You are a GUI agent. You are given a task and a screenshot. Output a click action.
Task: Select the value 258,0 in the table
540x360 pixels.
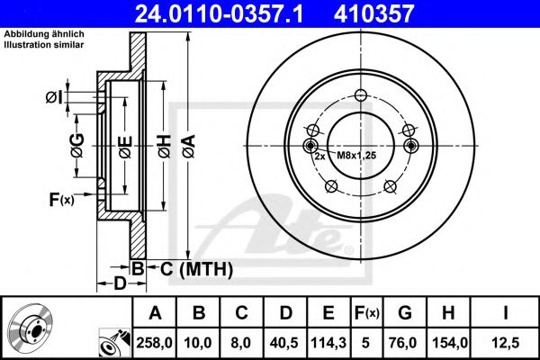[x=155, y=343]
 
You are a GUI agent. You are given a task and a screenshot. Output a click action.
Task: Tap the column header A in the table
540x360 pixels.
[x=155, y=312]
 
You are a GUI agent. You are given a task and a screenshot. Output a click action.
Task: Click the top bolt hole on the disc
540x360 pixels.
[x=361, y=97]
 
